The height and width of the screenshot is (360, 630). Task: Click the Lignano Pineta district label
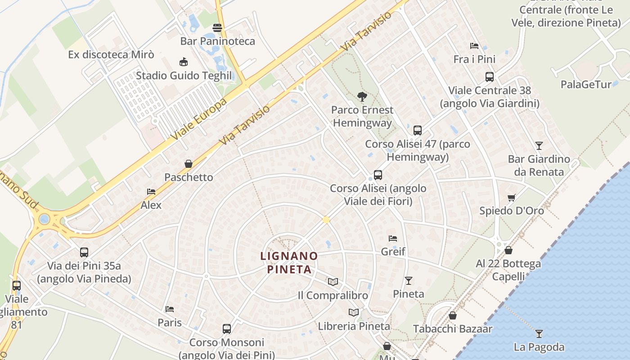coord(289,263)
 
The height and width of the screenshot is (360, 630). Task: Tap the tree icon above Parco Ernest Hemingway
coord(361,96)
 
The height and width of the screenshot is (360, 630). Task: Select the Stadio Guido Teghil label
coord(184,75)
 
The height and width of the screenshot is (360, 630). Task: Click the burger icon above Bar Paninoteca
coord(217,28)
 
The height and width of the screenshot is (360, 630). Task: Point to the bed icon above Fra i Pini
coord(474,45)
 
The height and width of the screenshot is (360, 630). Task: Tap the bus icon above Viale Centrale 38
coord(489,77)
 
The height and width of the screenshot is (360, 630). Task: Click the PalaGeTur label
coord(586,84)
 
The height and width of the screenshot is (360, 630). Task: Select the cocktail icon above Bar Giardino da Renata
coord(539,145)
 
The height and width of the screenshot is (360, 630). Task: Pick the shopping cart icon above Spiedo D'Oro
coord(511,198)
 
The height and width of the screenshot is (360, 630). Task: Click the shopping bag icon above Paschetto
coord(189,164)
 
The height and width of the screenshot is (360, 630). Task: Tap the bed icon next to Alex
coord(151,192)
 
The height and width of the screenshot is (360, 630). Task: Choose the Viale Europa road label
coord(198,119)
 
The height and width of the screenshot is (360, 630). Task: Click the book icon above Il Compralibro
coord(333,282)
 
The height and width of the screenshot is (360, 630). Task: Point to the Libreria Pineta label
coord(354,326)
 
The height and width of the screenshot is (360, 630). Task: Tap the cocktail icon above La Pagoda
coord(539,334)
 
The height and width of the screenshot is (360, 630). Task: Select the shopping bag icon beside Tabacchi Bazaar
coord(453,316)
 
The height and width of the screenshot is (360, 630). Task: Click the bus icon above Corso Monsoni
coord(226,329)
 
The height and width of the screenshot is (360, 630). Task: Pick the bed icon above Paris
coord(170,309)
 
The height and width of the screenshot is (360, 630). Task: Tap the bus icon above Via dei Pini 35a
coord(84,252)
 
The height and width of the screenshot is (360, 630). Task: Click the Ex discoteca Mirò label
coord(111,55)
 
